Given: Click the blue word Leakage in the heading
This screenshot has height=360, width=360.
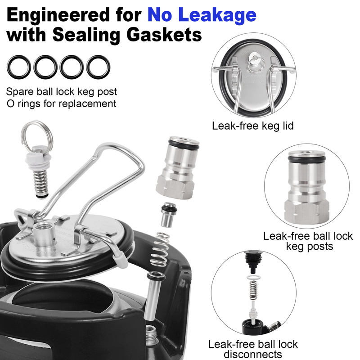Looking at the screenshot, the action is [x=217, y=15].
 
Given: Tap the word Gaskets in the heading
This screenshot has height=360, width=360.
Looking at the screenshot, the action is [x=164, y=35].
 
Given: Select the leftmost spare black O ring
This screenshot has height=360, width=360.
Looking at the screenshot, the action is [x=19, y=67].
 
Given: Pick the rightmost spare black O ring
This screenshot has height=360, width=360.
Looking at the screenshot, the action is [x=98, y=67].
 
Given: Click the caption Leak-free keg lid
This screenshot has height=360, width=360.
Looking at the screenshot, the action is [x=252, y=126].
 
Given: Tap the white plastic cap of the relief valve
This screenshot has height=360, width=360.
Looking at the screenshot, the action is [x=38, y=159].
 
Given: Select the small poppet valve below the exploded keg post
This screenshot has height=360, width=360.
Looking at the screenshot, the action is [x=168, y=215].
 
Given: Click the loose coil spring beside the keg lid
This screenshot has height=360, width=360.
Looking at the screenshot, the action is [x=160, y=250].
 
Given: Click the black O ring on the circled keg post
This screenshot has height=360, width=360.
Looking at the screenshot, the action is [x=306, y=159].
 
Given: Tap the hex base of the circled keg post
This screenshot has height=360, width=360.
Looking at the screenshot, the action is [x=307, y=211].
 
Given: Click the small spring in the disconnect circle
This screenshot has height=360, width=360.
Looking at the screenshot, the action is [x=253, y=290].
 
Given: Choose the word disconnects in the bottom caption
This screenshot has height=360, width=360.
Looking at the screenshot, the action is [x=253, y=354].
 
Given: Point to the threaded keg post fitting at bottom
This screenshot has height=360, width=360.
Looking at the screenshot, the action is [x=151, y=335].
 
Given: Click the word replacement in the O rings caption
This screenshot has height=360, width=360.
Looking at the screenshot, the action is [x=87, y=103].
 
